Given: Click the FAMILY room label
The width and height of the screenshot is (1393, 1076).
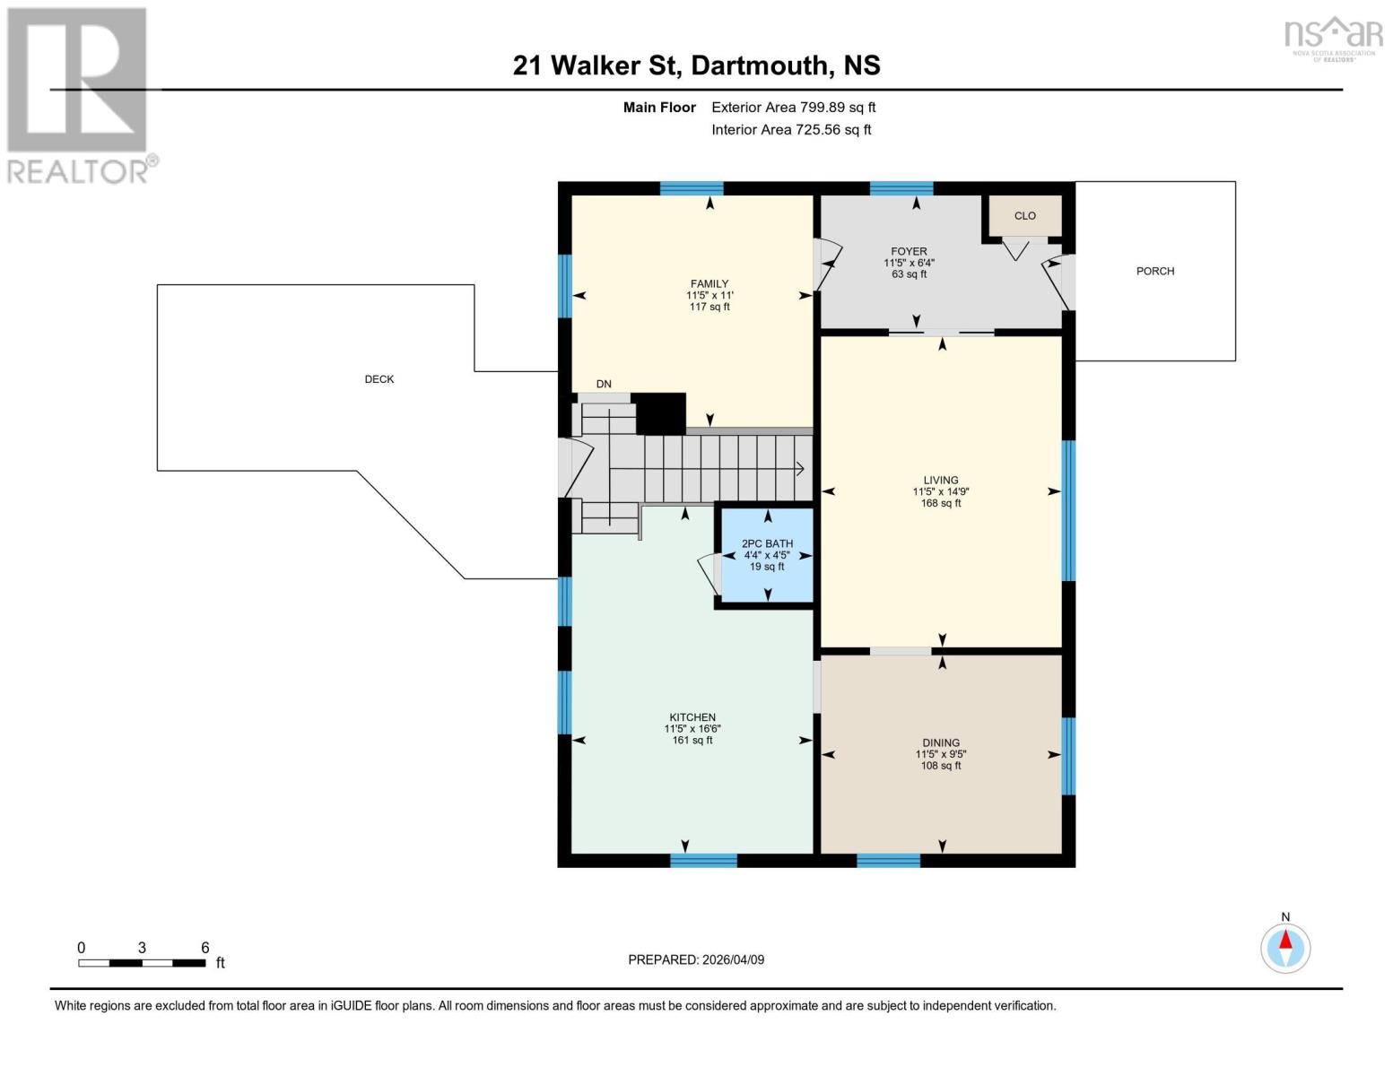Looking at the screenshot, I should pos(709,283).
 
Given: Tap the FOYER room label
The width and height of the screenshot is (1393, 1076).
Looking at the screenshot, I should pos(909,252).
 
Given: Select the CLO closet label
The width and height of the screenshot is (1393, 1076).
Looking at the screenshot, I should pos(1024,216).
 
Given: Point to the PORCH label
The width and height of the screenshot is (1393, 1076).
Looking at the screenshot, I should pos(1154,271).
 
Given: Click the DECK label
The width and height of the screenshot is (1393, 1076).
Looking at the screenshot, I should pos(379,379).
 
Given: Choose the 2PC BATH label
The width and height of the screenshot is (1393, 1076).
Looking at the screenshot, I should pos(767,543).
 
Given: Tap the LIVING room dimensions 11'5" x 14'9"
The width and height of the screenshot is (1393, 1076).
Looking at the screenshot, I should pos(941,491).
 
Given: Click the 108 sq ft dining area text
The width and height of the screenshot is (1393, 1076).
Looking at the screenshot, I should pos(941,766).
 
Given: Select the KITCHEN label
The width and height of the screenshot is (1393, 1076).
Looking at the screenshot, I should pos(692,717).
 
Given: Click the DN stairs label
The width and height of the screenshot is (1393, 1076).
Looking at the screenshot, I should pos(604,384).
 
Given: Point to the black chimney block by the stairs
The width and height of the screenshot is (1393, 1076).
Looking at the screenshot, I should pos(659,413).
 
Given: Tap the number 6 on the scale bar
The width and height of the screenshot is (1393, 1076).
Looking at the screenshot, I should pos(205,948).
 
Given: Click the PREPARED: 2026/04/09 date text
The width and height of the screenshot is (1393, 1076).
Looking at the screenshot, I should pos(696,959).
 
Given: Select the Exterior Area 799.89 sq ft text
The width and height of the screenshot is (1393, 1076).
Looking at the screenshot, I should pos(793,108).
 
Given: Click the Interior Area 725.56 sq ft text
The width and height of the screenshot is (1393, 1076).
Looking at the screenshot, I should pos(791,130).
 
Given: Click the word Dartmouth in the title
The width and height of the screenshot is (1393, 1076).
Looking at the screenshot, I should pos(761,65).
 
